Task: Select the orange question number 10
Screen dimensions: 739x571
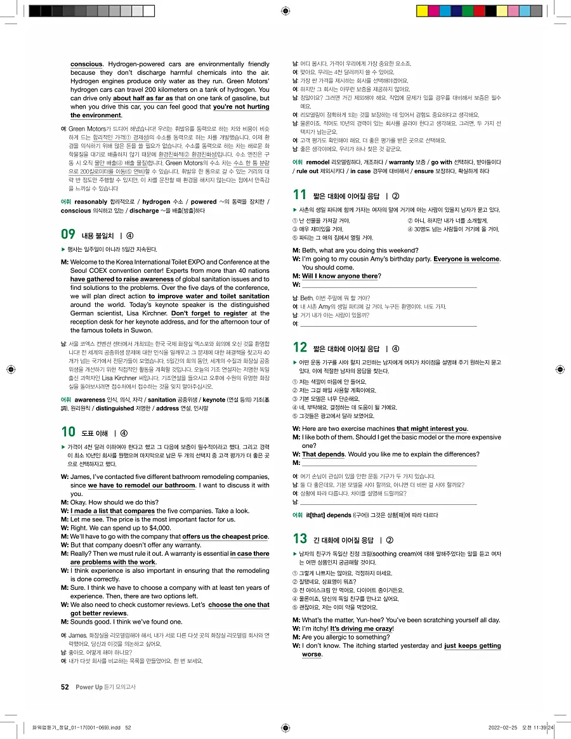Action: point(68,433)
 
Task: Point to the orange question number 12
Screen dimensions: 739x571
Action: point(299,348)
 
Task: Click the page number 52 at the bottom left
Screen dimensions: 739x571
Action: point(65,686)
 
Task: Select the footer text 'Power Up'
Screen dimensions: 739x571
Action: point(89,686)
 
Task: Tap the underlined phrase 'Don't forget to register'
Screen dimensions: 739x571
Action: point(209,313)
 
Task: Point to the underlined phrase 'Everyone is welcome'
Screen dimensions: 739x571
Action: point(466,259)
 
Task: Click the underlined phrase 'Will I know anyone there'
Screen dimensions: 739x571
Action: point(339,276)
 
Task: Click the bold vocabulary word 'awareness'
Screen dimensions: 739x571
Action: point(91,400)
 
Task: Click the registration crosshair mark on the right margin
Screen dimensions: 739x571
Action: point(560,369)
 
